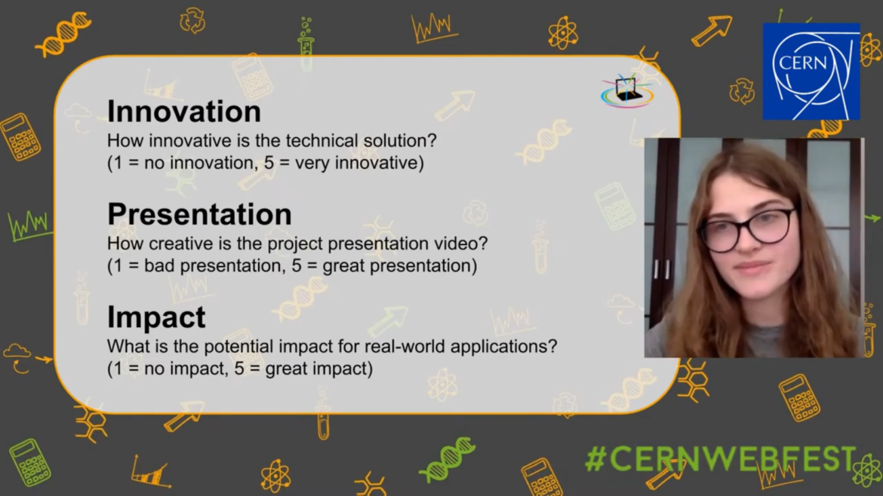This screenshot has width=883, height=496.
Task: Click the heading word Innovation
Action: click(x=183, y=112)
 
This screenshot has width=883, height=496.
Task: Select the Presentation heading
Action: click(x=199, y=214)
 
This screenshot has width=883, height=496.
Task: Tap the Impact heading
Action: click(x=156, y=317)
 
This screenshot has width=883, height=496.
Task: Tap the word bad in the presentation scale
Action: click(x=159, y=265)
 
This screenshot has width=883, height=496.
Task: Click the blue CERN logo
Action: click(x=811, y=72)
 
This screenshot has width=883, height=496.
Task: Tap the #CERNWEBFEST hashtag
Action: click(x=721, y=459)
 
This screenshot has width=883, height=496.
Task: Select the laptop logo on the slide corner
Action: click(x=627, y=91)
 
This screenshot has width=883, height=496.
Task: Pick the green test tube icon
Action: click(x=306, y=44)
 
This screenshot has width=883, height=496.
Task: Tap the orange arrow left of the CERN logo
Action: click(x=712, y=30)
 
